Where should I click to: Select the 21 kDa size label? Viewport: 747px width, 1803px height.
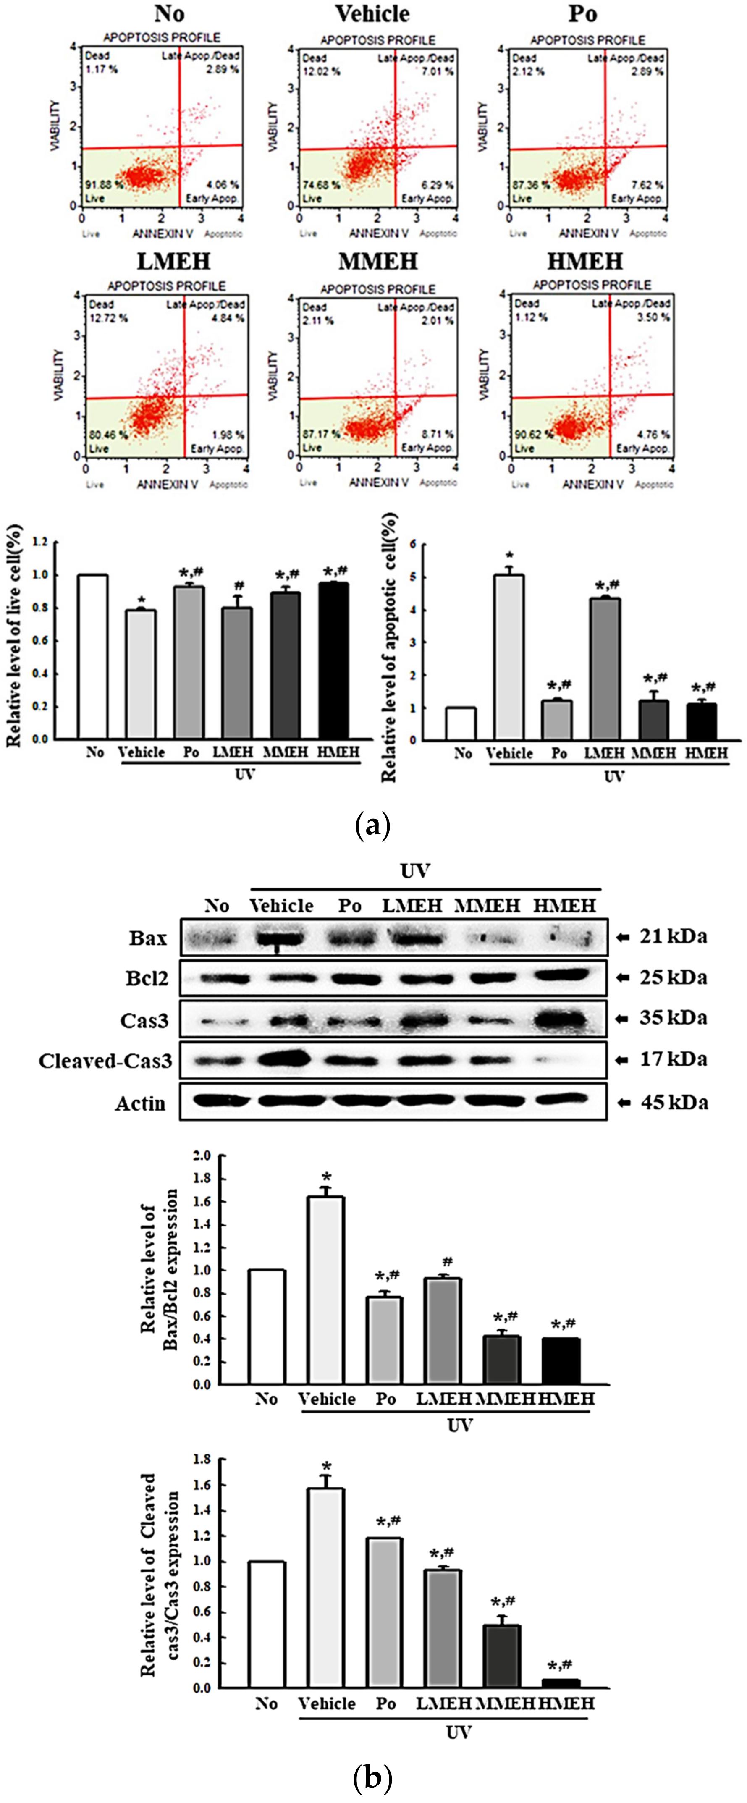tap(673, 936)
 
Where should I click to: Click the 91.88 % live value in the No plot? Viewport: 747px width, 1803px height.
tap(104, 185)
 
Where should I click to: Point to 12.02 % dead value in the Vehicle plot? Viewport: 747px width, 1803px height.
tap(321, 71)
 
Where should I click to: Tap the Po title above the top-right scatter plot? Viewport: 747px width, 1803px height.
tap(582, 13)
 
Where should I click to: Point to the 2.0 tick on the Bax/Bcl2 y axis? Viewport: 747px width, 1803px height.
tap(202, 1156)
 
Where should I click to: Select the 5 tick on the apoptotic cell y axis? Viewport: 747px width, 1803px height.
tap(414, 577)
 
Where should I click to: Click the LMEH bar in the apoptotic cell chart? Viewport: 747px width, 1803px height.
tap(604, 668)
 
